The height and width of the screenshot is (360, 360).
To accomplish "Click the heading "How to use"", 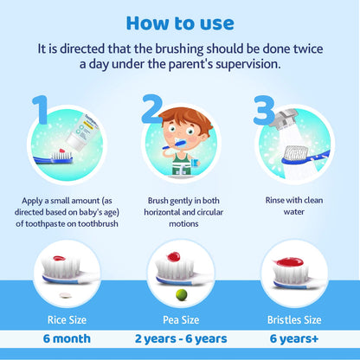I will (180, 22).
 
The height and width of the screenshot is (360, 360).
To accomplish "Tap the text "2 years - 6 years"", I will (181, 338).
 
